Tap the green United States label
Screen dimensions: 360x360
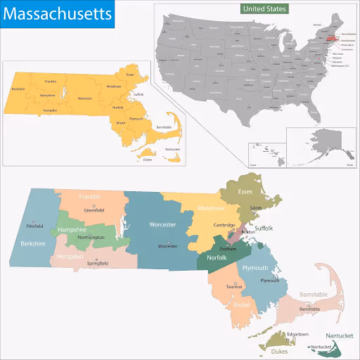[x=264, y=8]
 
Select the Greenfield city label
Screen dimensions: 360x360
[x=95, y=210]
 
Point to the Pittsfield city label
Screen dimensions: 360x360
[x=34, y=226]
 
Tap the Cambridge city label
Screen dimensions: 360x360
[x=225, y=225]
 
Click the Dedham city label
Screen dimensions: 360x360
[x=229, y=249]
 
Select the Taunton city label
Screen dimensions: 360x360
[x=233, y=287]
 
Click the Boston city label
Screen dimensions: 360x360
[x=248, y=232]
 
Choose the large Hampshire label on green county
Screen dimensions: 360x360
[x=72, y=230]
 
